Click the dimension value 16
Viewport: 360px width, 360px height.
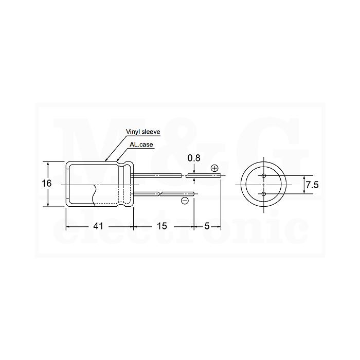[47, 184]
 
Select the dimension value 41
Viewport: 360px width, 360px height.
[98, 226]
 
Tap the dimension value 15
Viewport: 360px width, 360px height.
[162, 226]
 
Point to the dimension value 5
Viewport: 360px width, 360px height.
[207, 226]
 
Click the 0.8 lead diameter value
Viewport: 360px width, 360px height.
[194, 158]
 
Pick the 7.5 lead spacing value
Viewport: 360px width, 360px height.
[312, 185]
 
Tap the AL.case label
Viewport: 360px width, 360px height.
[141, 145]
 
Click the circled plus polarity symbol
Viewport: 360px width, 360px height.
[214, 168]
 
